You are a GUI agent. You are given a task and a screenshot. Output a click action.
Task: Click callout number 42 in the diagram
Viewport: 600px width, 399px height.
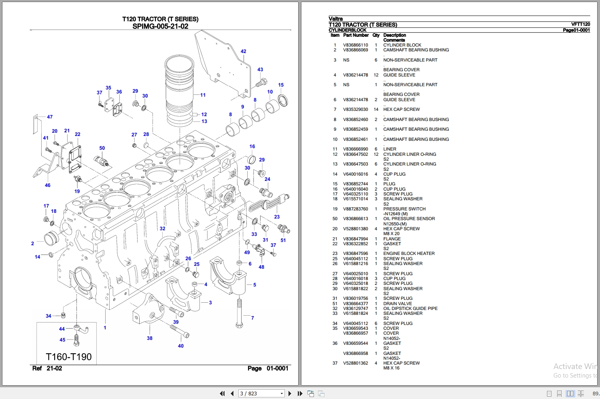243,51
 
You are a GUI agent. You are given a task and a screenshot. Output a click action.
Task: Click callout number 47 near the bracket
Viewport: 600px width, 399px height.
50,117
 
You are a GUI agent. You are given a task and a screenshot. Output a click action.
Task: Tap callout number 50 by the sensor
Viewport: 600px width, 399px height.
102,148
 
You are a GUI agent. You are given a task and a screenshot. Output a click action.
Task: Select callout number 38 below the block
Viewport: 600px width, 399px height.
150,338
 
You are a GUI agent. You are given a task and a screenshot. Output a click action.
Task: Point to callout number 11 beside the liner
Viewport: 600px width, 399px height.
203,95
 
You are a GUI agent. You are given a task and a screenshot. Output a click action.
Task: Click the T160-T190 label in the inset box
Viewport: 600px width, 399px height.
69,357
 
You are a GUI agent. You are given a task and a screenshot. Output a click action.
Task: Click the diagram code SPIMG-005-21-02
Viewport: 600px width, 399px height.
160,26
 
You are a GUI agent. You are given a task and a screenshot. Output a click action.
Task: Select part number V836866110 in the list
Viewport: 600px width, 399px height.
356,45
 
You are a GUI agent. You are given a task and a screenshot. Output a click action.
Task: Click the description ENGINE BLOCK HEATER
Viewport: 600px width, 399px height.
409,254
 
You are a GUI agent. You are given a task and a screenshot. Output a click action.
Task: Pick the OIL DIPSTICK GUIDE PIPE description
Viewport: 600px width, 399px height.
410,308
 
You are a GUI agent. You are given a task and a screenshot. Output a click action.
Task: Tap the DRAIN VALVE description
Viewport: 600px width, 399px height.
397,303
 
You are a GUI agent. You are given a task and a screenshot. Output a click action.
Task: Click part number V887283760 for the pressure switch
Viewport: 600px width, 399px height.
356,209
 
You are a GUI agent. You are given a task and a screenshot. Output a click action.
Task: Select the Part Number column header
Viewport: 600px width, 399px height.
356,35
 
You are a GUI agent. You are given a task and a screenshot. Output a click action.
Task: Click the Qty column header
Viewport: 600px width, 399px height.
376,35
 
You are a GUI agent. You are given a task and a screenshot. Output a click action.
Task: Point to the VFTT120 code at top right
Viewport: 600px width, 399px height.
580,24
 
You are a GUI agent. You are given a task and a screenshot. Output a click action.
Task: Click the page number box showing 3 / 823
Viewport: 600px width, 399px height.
261,393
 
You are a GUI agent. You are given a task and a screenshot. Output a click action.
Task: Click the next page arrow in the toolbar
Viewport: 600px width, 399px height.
290,393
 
